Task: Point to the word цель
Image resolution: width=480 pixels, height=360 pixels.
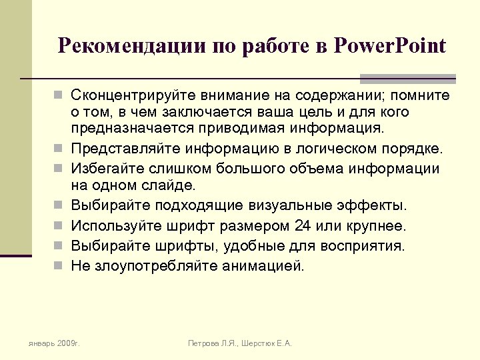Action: click(x=299, y=111)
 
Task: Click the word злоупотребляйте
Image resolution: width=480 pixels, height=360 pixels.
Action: click(x=153, y=266)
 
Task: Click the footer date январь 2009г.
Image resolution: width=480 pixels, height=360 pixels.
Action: click(x=53, y=343)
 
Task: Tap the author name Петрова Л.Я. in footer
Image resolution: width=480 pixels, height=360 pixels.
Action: click(x=214, y=343)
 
